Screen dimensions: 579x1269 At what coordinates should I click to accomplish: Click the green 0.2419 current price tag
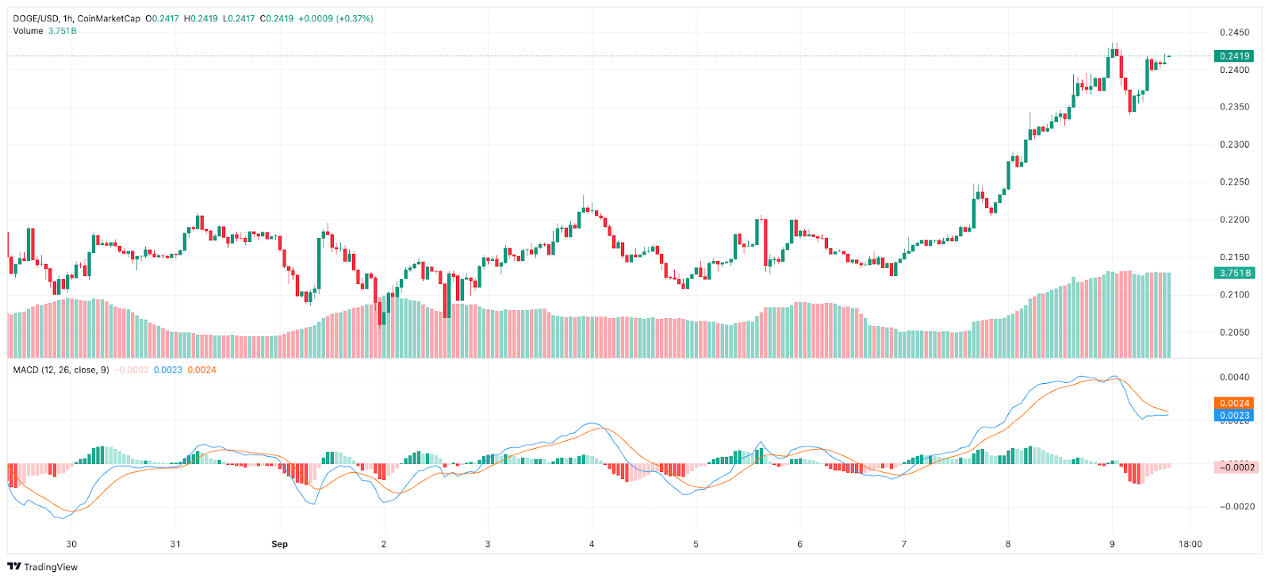tap(1234, 56)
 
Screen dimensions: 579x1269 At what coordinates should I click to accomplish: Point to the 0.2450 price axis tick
tap(1234, 33)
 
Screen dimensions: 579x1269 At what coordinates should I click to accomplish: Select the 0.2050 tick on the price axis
tap(1234, 332)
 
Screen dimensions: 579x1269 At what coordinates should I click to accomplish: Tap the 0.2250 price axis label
tap(1234, 182)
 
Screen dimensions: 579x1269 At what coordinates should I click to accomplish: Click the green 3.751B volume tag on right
tap(1235, 273)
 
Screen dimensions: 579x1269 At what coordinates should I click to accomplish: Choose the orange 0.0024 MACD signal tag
tap(1234, 403)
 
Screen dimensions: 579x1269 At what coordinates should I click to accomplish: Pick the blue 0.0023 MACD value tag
tap(1234, 416)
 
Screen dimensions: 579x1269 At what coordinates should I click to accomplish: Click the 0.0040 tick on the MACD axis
tap(1234, 378)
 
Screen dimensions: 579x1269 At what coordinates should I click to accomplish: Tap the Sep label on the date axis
tap(279, 544)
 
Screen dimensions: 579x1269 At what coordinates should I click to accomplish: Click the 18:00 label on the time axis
tap(1190, 544)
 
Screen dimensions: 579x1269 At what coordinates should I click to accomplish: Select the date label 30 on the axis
tap(71, 544)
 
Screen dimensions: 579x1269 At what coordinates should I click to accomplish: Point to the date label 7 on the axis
tap(903, 544)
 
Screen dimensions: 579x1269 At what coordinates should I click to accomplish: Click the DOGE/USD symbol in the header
tap(36, 18)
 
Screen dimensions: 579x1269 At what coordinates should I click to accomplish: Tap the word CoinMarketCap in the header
tap(109, 18)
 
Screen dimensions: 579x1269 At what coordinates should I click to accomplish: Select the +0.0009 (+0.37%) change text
tap(335, 18)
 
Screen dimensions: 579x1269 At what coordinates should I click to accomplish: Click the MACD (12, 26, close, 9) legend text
tap(61, 370)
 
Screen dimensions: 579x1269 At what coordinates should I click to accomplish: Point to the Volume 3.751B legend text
tap(44, 31)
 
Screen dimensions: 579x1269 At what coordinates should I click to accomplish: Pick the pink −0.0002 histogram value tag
tap(1236, 467)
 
